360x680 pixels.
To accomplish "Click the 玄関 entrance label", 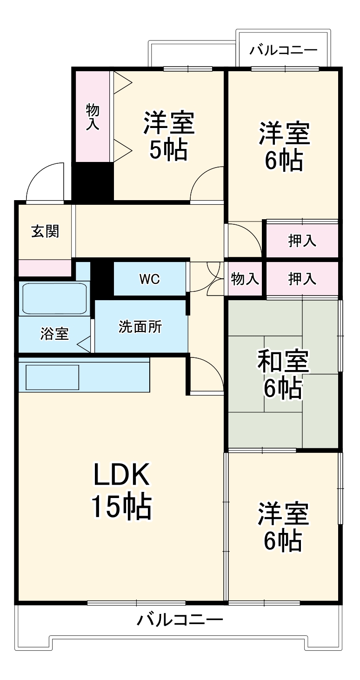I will (x=45, y=231).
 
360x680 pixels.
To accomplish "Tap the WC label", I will (x=149, y=279).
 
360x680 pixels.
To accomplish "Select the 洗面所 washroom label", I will (x=140, y=327).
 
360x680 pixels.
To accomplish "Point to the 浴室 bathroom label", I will (x=54, y=333).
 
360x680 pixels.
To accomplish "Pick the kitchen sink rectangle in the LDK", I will (x=52, y=377).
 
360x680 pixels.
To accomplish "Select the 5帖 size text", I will (x=168, y=150).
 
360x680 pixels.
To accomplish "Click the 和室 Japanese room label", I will (x=283, y=362).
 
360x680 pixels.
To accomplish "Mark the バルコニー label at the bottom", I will (x=180, y=620).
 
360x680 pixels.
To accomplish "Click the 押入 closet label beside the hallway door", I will (x=302, y=241).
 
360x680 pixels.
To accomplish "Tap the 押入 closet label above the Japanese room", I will (x=302, y=279).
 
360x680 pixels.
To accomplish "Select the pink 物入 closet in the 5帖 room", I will (x=93, y=116).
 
